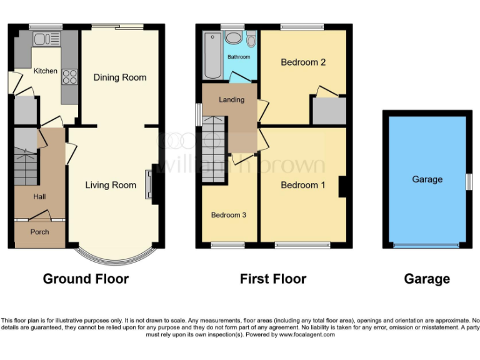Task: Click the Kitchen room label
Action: pyautogui.click(x=46, y=71)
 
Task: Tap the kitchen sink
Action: pyautogui.click(x=42, y=40)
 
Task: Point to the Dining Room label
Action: pyautogui.click(x=120, y=77)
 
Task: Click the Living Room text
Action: pyautogui.click(x=111, y=185)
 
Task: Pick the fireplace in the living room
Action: pyautogui.click(x=149, y=184)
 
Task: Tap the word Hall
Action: pyautogui.click(x=39, y=197)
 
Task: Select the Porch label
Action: pyautogui.click(x=40, y=232)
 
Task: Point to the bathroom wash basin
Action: pyautogui.click(x=234, y=38)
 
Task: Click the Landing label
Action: pyautogui.click(x=231, y=100)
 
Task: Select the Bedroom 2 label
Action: pyautogui.click(x=303, y=62)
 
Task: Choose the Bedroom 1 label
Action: pyautogui.click(x=303, y=185)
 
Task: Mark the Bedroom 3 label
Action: pyautogui.click(x=228, y=215)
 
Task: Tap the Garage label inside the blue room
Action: pyautogui.click(x=427, y=179)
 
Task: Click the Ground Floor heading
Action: pyautogui.click(x=86, y=279)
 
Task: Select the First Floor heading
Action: pyautogui.click(x=273, y=279)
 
